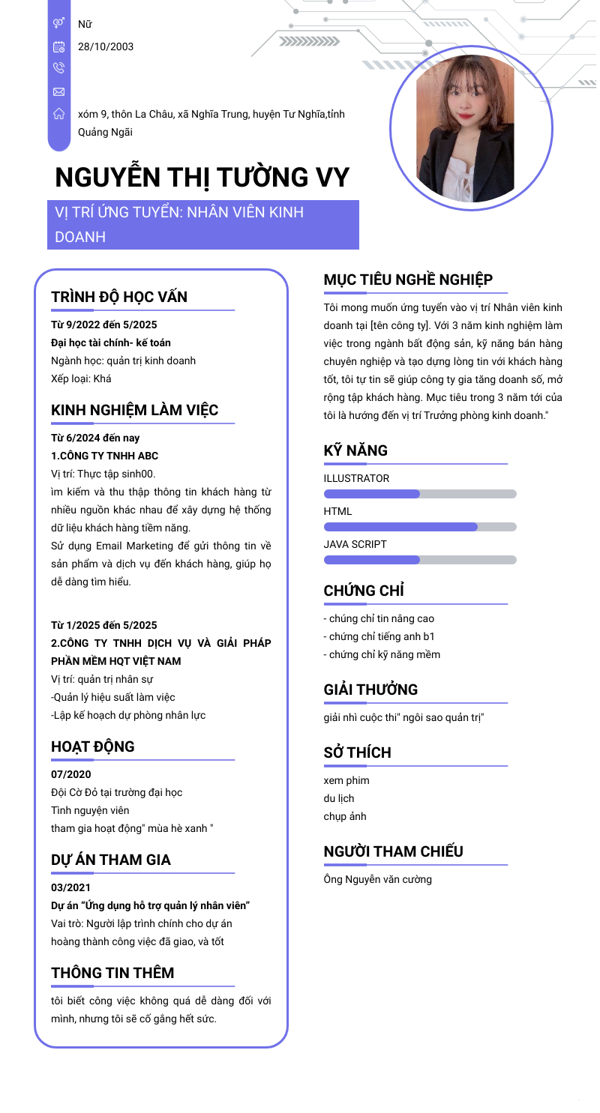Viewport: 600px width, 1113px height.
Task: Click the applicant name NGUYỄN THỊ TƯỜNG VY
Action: [x=202, y=178]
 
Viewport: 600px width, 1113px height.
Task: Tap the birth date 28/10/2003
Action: [x=106, y=46]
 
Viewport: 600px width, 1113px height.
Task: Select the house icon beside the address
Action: [x=58, y=115]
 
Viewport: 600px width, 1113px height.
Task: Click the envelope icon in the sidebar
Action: [x=58, y=91]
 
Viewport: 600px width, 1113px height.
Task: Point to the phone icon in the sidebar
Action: [x=58, y=68]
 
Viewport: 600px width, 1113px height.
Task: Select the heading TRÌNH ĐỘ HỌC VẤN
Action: [x=119, y=296]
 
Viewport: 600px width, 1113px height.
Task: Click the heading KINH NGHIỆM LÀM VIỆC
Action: [x=135, y=410]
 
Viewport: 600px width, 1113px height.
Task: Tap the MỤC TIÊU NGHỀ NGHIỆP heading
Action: [x=408, y=280]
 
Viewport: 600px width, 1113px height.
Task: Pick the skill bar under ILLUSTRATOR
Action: [x=420, y=494]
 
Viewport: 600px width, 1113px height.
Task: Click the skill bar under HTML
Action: [x=420, y=527]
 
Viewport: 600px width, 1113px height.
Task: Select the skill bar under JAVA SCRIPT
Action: [x=420, y=560]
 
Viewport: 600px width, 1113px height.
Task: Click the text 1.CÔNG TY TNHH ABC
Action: [x=104, y=456]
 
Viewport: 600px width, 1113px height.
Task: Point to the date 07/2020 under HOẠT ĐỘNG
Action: [x=71, y=774]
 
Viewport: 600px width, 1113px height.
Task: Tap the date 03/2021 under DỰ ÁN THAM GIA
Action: [x=71, y=887]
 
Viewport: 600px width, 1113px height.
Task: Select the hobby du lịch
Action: [x=339, y=798]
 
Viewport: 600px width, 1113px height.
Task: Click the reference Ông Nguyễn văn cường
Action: [x=377, y=879]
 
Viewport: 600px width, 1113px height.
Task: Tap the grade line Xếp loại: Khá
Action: [x=81, y=378]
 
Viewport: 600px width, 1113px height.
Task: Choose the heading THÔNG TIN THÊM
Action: [x=112, y=973]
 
